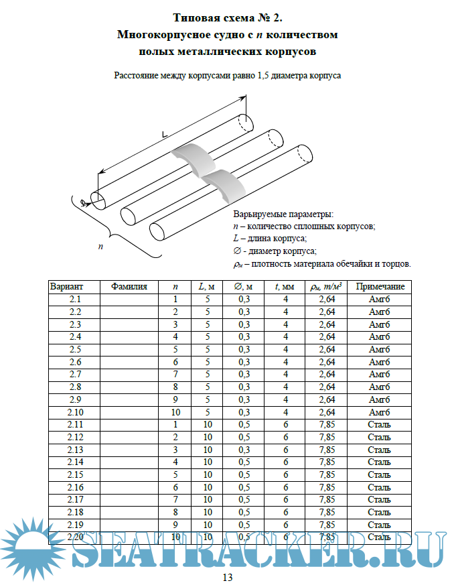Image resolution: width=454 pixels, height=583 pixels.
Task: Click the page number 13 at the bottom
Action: [227, 578]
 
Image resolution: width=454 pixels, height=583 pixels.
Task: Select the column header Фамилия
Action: [129, 286]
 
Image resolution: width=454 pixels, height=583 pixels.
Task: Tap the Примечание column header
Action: [380, 286]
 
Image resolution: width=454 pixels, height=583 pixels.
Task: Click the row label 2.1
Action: [75, 299]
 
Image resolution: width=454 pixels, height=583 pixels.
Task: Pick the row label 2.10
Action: [75, 411]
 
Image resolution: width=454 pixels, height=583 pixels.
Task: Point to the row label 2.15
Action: [75, 474]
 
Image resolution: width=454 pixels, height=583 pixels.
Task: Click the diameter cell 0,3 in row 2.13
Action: [244, 449]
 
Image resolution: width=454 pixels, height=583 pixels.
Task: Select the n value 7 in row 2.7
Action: [175, 374]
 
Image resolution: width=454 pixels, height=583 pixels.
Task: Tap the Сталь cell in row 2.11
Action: [380, 424]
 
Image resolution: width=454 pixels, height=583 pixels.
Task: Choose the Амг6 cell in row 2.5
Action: [380, 349]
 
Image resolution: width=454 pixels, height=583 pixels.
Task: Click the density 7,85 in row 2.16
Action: [327, 487]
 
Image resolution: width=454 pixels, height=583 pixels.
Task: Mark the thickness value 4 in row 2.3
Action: [286, 324]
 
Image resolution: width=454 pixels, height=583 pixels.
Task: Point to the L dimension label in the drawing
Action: [165, 133]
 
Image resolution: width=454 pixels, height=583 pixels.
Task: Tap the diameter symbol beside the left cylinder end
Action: [82, 202]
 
